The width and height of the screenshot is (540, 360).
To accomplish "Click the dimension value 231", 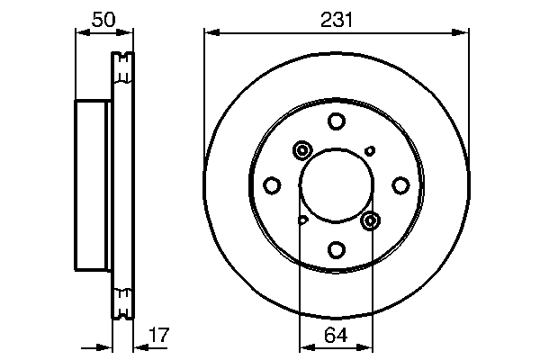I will click(336, 17).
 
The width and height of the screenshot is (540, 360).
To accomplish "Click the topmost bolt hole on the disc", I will click(336, 121).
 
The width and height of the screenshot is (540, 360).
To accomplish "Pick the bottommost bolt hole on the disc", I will click(336, 249).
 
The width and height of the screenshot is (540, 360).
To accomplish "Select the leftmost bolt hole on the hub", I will click(272, 185).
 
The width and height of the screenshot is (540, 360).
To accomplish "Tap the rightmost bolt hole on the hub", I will click(400, 185).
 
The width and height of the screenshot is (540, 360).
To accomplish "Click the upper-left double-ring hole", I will click(301, 151).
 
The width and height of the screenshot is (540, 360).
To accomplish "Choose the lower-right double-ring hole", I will click(370, 220).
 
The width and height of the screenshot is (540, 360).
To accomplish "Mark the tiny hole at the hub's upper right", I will click(369, 150).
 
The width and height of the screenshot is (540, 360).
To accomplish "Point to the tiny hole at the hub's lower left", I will click(303, 220).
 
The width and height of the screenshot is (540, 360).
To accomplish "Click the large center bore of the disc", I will click(336, 185).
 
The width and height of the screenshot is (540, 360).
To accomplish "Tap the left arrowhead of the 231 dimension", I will click(210, 32).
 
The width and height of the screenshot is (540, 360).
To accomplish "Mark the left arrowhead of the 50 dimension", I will click(79, 32).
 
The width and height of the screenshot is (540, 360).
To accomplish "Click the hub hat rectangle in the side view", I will click(93, 185).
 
